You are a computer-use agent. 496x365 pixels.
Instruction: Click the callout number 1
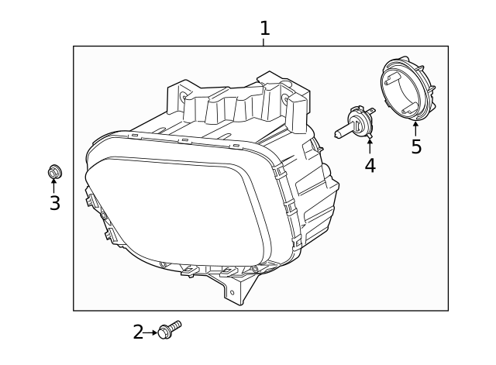point(264,29)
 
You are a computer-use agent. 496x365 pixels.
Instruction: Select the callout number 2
point(138,332)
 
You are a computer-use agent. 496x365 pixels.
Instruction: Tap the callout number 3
point(54,204)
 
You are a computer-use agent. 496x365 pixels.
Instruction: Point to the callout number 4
point(370,165)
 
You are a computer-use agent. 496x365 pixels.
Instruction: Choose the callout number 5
point(416,147)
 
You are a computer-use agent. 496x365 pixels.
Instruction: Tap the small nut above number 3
point(54,171)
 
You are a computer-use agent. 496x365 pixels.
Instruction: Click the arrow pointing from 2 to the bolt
point(150,332)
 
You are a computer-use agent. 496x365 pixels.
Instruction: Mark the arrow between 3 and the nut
point(54,186)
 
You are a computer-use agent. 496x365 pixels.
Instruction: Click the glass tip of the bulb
point(339,133)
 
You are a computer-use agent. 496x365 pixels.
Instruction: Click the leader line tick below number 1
point(264,42)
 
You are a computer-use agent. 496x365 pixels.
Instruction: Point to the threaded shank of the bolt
point(175,326)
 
